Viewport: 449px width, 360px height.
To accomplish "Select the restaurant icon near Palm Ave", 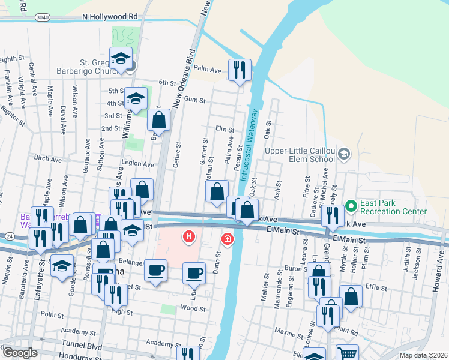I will pos(240,70).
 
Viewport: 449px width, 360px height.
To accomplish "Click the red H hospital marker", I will pos(189,237).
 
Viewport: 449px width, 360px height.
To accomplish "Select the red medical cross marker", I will pos(228,239).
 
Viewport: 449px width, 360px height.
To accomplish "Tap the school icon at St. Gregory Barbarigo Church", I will pos(121,58).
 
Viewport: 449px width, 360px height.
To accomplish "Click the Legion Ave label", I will pos(137,164).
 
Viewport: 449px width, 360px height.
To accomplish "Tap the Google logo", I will pos(19,353).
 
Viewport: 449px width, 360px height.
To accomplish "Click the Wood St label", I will pos(193,308).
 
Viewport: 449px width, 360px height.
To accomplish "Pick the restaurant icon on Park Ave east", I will pos(333,215).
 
